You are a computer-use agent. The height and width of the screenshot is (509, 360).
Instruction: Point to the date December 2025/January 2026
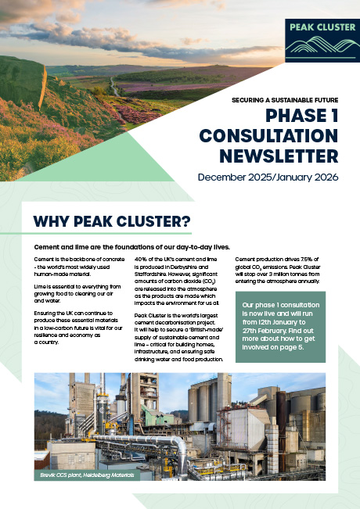point(268,177)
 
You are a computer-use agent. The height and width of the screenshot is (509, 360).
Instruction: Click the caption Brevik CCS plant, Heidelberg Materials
point(85,475)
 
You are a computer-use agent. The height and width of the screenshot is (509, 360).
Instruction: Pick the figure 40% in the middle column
point(142,259)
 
